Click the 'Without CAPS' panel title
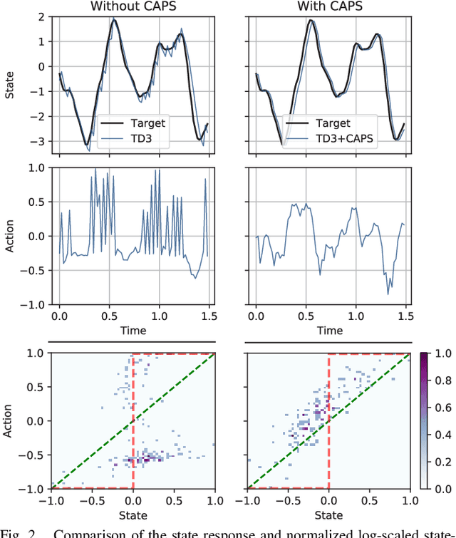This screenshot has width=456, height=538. (x=133, y=6)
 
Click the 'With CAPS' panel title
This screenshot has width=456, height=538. (x=329, y=6)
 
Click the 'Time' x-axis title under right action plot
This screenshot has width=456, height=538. (x=329, y=331)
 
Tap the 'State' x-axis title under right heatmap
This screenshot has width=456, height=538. (x=329, y=514)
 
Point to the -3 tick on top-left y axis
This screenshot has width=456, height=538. (x=43, y=142)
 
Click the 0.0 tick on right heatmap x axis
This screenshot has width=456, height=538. (x=328, y=501)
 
